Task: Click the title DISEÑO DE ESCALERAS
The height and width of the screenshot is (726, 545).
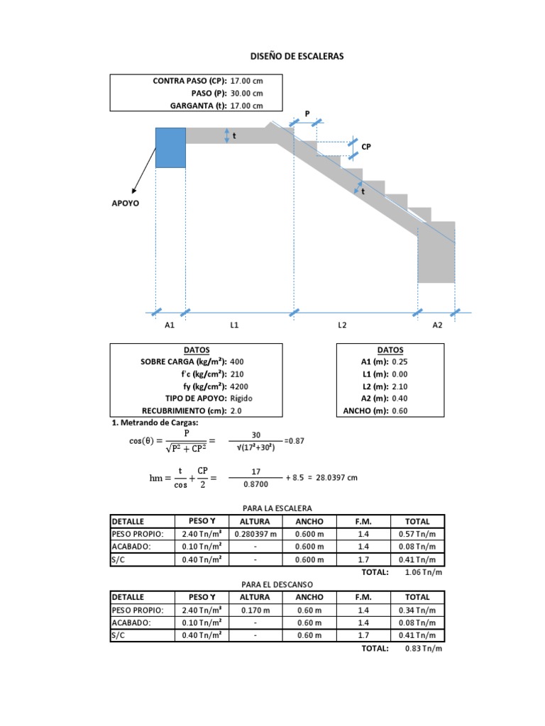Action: point(297,56)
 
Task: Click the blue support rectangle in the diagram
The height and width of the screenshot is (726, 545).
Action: point(170,147)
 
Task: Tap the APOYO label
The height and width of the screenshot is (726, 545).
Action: point(125,203)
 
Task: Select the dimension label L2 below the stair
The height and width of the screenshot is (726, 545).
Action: point(342,325)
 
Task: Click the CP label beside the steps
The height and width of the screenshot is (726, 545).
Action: point(366,146)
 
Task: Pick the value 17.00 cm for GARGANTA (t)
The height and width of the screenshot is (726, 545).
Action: point(247,106)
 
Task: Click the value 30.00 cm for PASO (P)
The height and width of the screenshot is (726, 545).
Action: point(247,94)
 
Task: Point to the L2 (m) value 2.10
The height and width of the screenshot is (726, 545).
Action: point(400,386)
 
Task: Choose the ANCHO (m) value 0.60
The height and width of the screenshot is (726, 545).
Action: point(400,411)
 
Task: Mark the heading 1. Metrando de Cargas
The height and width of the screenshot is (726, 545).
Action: point(155,423)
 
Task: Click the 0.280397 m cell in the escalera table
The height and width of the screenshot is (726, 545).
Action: point(255,534)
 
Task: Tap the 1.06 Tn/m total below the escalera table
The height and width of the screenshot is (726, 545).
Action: point(423,572)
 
